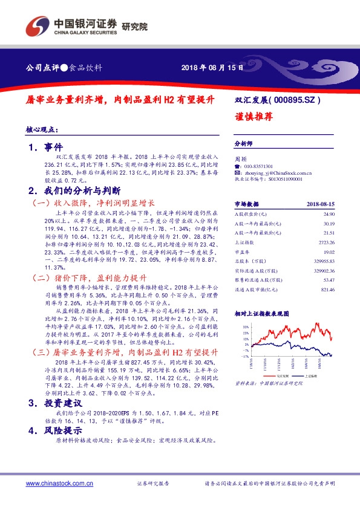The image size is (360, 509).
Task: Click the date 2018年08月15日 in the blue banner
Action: click(213, 68)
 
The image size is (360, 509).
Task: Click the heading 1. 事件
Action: click(46, 148)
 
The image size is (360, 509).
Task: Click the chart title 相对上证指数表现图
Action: click(262, 314)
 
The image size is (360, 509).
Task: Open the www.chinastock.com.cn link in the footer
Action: click(59, 484)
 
